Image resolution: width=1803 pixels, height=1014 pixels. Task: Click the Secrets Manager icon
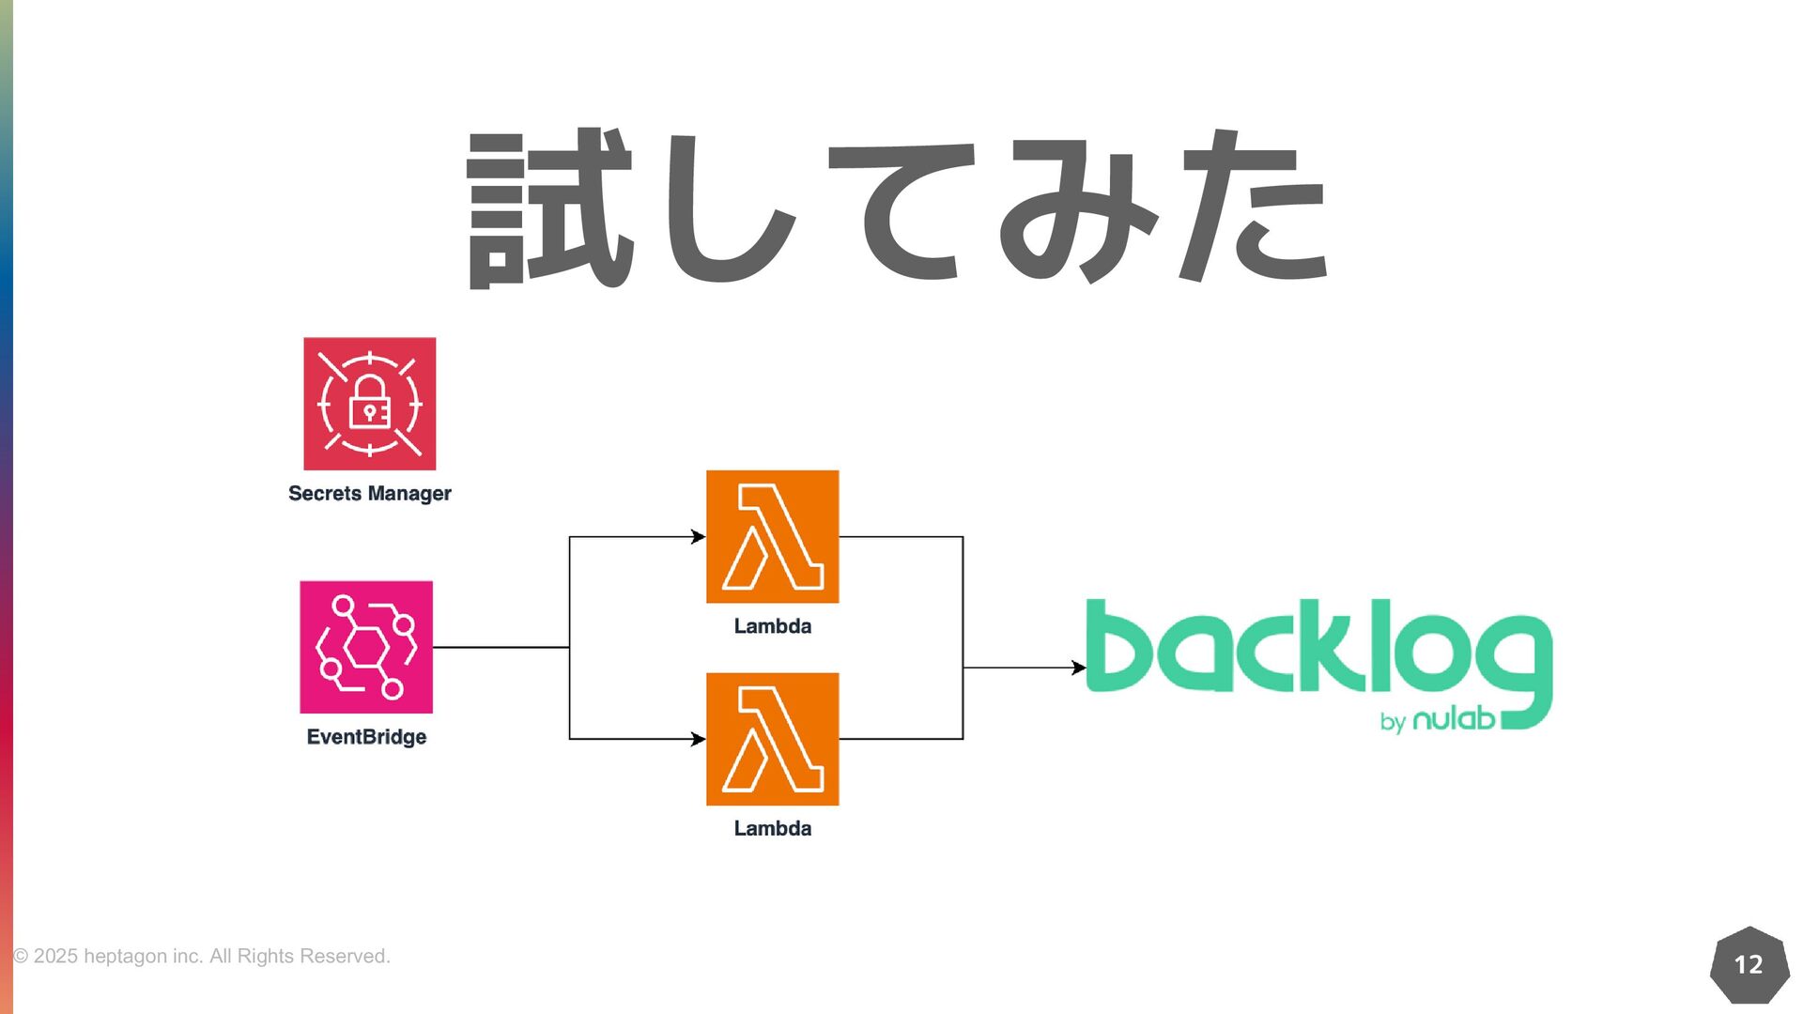coord(369,404)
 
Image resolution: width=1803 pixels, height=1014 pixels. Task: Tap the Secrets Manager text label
coord(369,494)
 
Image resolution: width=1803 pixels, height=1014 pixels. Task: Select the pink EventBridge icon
coord(366,647)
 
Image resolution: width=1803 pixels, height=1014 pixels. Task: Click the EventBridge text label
coord(366,737)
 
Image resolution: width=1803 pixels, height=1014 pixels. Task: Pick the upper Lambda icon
coord(772,536)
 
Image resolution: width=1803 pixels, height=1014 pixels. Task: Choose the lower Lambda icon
coord(772,739)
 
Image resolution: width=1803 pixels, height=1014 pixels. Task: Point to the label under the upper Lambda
coord(772,626)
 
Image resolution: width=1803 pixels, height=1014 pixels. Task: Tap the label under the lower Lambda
coord(772,828)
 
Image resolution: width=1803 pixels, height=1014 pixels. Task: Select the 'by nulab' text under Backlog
coord(1437,720)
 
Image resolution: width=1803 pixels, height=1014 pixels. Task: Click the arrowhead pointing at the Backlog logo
coord(1079,668)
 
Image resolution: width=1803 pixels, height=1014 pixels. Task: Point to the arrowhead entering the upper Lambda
coord(698,537)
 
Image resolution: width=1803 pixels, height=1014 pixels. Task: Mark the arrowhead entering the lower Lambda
coord(698,739)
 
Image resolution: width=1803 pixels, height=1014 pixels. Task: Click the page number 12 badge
coord(1749,964)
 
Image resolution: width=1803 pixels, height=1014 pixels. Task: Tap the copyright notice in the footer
coord(201,956)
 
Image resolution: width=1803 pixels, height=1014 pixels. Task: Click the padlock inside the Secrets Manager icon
coord(369,404)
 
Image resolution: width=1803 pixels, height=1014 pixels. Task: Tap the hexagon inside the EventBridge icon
coord(366,647)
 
